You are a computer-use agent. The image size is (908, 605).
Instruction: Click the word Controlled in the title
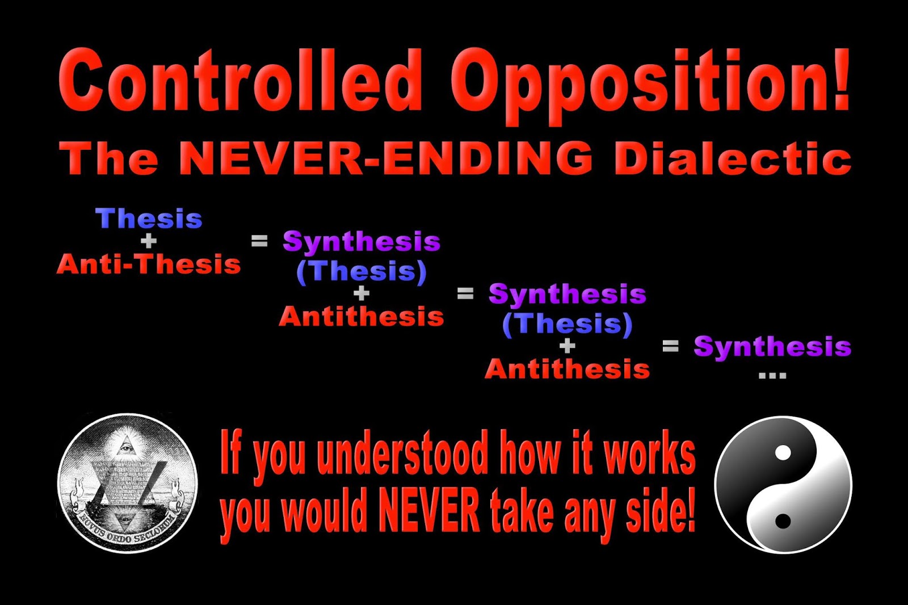[241, 81]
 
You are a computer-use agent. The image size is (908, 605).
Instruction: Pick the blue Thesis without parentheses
[149, 219]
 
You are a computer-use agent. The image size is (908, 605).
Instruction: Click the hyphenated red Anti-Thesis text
[149, 264]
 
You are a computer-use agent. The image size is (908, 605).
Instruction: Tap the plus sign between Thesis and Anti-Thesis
[149, 241]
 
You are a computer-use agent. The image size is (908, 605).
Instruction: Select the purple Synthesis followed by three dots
[772, 346]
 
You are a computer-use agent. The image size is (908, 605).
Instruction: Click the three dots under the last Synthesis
[772, 375]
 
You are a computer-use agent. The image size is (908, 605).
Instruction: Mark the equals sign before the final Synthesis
[670, 346]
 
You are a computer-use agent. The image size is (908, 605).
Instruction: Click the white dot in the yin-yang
[783, 453]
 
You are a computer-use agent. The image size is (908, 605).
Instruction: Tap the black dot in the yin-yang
[783, 521]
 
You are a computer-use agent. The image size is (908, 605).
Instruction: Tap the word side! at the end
[661, 511]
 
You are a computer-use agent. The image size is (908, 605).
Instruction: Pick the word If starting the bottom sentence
[232, 452]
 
